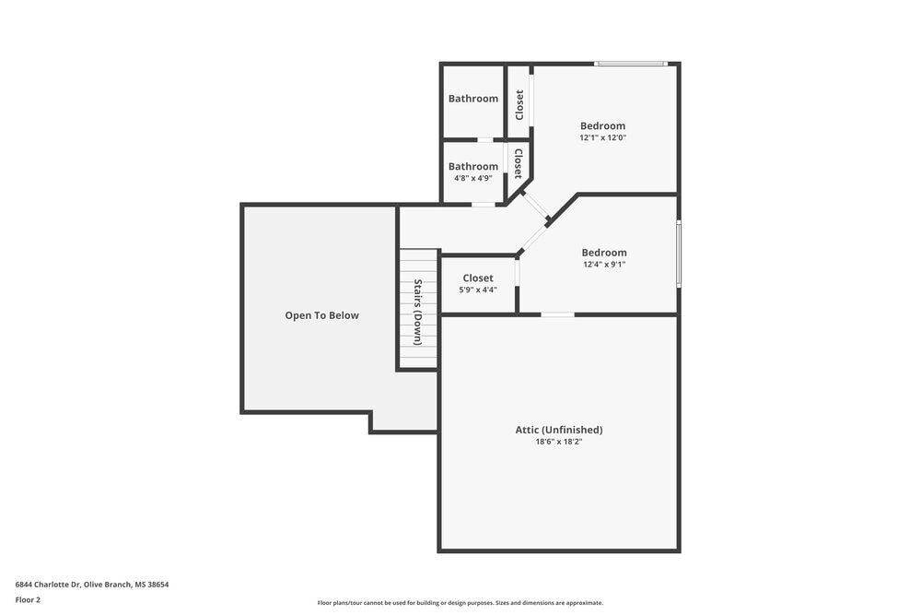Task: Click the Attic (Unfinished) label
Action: [x=558, y=430]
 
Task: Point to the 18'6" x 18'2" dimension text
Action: [x=558, y=442]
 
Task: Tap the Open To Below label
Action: [x=321, y=315]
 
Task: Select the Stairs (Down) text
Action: [x=418, y=312]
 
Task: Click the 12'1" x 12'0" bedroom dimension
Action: [x=602, y=137]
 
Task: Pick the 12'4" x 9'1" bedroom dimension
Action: [x=604, y=264]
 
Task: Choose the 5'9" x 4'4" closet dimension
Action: [x=478, y=290]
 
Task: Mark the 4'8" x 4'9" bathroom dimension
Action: [x=472, y=178]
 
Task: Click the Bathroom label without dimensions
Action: [x=473, y=99]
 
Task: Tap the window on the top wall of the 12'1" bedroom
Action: [x=630, y=64]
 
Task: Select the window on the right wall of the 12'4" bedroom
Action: [x=679, y=254]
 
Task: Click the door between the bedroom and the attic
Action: [x=557, y=315]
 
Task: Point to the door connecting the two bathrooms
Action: [x=484, y=140]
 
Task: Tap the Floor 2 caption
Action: [x=28, y=599]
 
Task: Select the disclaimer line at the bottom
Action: [x=460, y=603]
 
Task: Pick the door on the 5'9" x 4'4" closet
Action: [x=518, y=273]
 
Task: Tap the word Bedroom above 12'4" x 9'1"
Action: [x=604, y=253]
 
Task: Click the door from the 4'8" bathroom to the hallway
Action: [x=484, y=204]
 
